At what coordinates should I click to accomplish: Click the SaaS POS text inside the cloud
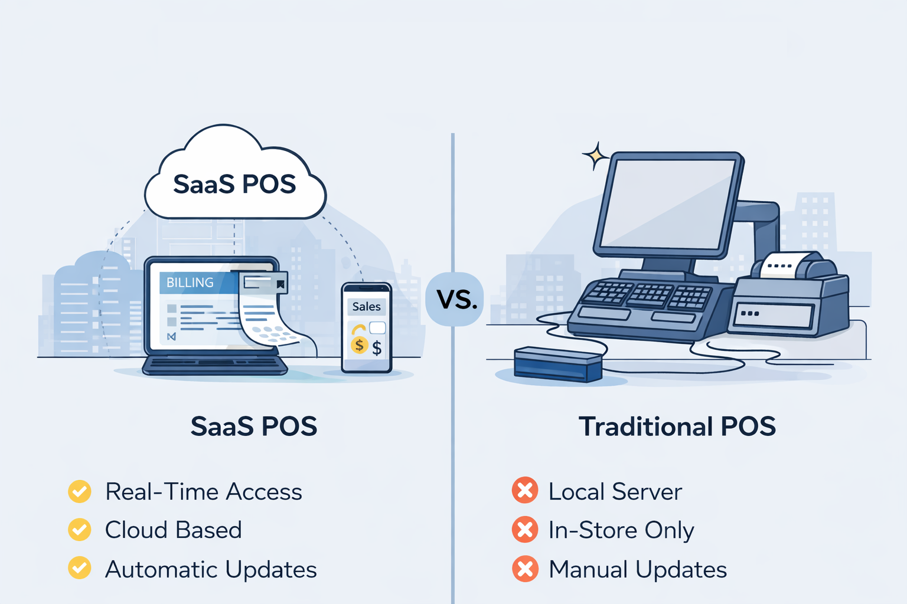point(234,184)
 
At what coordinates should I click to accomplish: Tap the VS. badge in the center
point(456,300)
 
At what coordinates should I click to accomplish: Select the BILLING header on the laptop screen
point(190,283)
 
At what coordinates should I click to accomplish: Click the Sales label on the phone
point(366,307)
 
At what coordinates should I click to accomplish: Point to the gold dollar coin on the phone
point(359,345)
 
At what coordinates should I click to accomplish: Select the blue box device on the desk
point(557,363)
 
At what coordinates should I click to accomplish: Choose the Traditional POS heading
point(677,426)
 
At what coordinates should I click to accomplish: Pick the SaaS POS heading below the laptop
point(254,426)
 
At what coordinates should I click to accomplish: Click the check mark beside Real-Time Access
point(80,491)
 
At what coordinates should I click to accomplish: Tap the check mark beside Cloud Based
point(80,530)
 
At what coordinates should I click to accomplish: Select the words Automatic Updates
point(211,570)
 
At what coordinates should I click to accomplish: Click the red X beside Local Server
point(525,491)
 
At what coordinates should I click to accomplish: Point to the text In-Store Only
point(621,530)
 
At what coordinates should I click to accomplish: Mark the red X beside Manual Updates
point(525,569)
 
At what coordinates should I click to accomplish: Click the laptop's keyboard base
point(214,365)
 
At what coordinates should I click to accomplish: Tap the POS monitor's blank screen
point(667,203)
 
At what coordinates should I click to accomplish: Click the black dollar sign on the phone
point(377,348)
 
